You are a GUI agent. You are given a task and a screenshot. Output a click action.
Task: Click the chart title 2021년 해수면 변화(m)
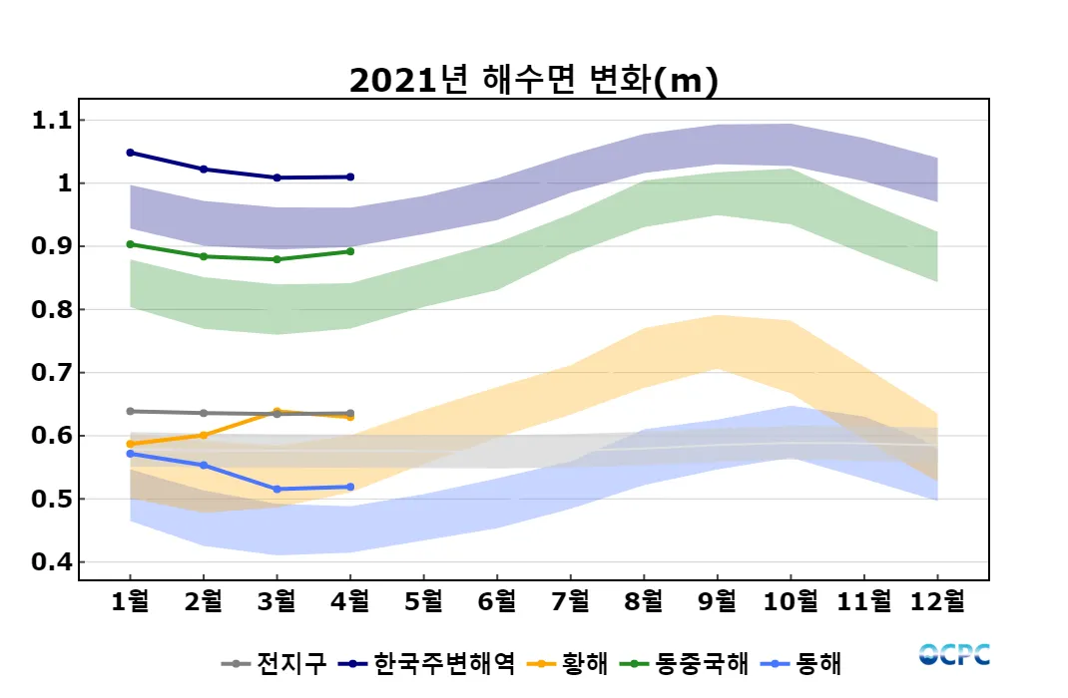533,81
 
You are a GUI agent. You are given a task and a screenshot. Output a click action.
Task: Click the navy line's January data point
131,153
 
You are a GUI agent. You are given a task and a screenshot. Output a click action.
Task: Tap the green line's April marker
350,251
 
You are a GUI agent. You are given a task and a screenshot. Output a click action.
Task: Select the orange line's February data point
204,435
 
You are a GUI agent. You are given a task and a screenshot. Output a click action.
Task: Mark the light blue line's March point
277,489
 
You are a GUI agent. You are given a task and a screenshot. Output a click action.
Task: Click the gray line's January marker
131,411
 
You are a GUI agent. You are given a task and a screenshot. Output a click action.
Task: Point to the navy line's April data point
350,176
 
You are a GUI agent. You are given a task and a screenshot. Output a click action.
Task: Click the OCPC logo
954,654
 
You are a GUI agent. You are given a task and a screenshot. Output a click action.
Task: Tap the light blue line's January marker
131,454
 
